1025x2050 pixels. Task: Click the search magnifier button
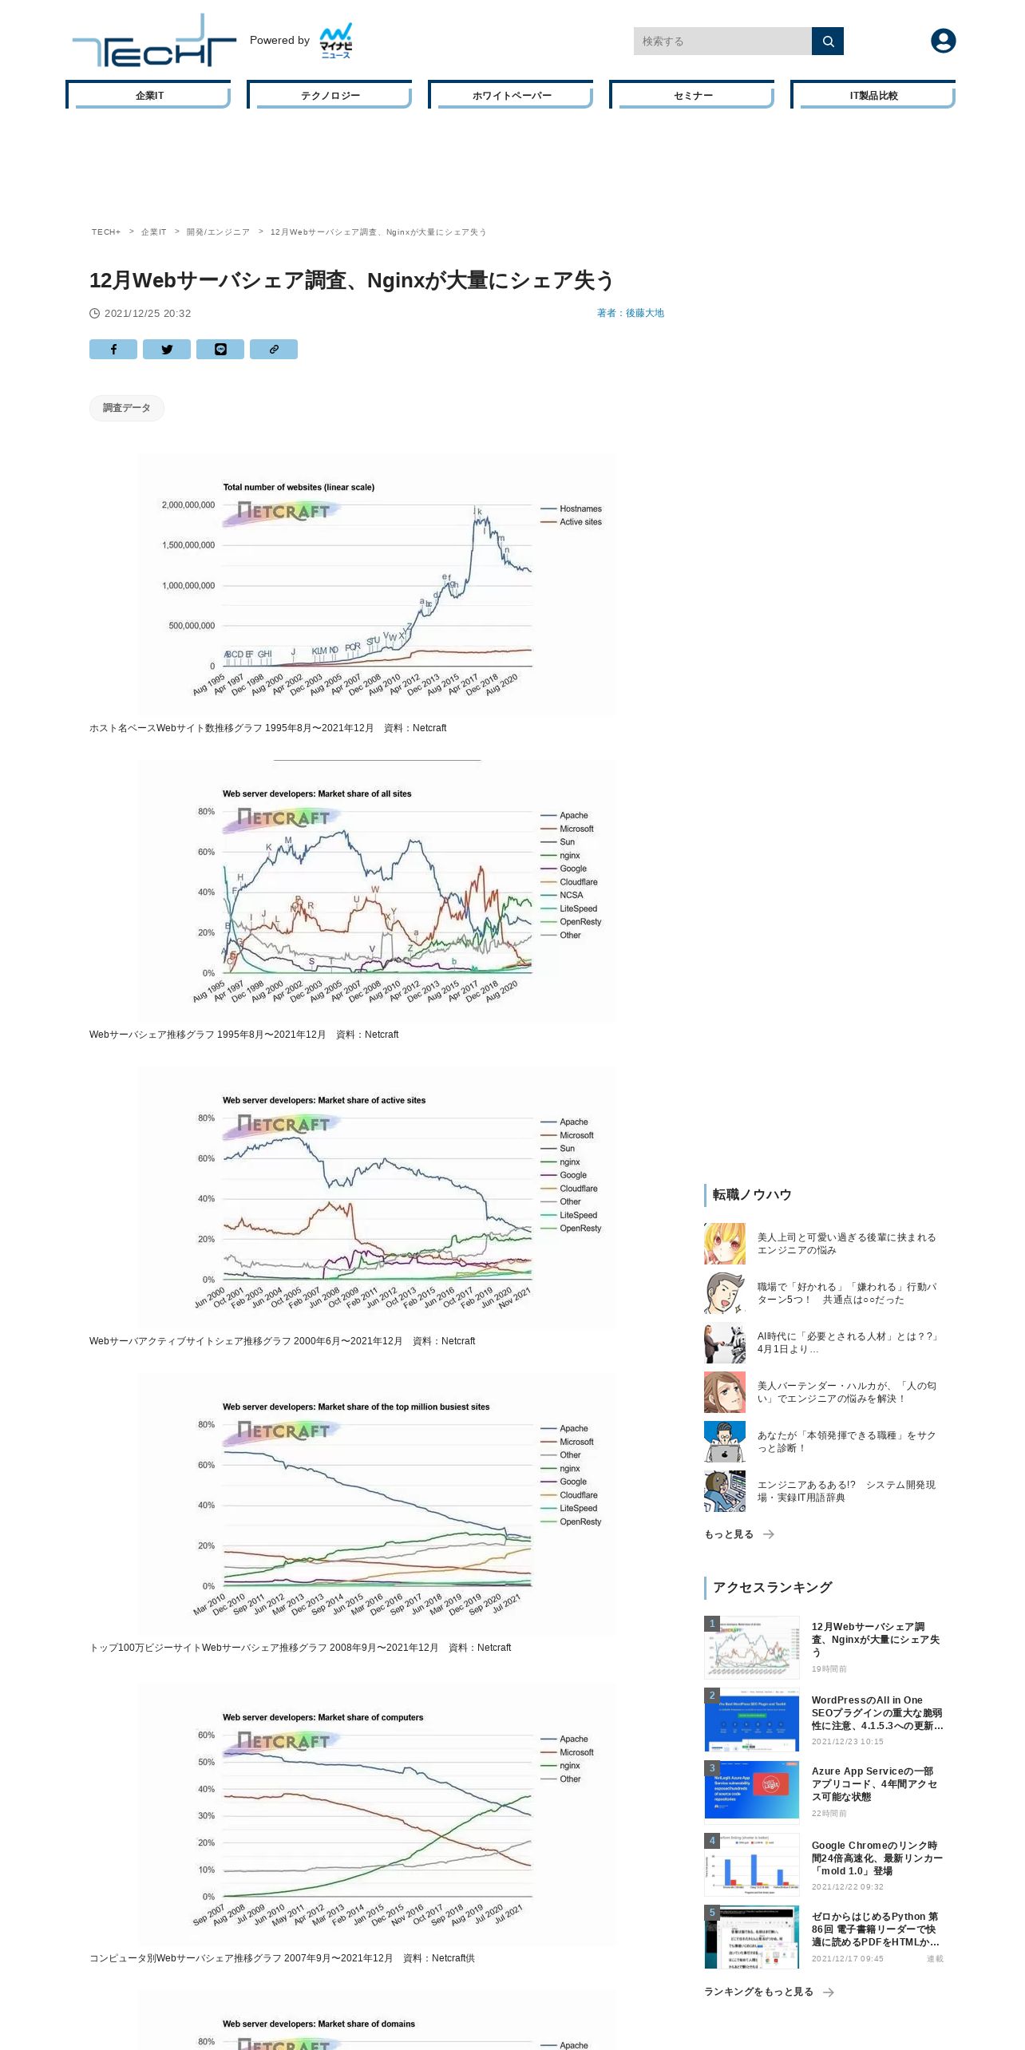point(827,42)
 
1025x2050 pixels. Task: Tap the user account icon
point(943,41)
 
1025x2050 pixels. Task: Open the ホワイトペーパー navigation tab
point(511,95)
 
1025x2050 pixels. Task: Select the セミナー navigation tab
point(692,95)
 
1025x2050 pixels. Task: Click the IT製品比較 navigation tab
point(873,95)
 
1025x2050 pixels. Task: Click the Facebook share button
point(113,349)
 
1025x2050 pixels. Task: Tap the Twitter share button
point(167,349)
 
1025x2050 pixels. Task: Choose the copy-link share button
point(274,349)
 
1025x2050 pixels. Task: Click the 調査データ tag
point(127,408)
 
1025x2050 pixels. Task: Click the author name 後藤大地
point(644,313)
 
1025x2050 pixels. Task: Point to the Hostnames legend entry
point(580,509)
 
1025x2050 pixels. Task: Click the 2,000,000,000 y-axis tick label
point(188,505)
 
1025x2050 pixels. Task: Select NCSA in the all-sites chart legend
point(571,895)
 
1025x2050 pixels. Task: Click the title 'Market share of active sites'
point(324,1100)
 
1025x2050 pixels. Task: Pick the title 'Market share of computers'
point(323,1717)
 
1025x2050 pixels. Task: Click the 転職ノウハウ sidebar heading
point(752,1194)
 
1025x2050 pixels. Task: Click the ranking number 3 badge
point(712,1768)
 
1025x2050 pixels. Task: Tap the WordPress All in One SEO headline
point(877,1712)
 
